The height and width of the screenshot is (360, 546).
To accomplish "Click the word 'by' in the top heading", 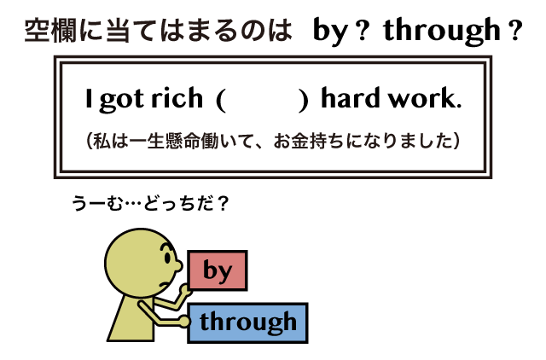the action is pyautogui.click(x=330, y=32).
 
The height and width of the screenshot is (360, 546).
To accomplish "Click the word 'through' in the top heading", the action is pyautogui.click(x=442, y=32).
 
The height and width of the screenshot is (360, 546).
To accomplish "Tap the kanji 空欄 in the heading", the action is pyautogui.click(x=50, y=31).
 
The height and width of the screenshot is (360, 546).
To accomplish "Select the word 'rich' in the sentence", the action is pyautogui.click(x=177, y=98).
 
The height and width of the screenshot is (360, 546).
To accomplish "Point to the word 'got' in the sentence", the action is pyautogui.click(x=121, y=101).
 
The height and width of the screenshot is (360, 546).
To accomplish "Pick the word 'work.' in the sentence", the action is pyautogui.click(x=425, y=98).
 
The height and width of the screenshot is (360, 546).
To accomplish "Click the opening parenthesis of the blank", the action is pyautogui.click(x=221, y=101).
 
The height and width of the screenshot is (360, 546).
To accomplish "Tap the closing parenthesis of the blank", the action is pyautogui.click(x=304, y=101).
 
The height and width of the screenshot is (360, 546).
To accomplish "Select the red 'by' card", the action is pyautogui.click(x=218, y=270).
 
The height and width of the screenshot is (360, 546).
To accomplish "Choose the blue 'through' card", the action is pyautogui.click(x=247, y=323).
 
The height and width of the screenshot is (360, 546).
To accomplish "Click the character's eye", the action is pyautogui.click(x=167, y=258).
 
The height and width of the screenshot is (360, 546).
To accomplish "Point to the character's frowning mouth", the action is pyautogui.click(x=165, y=284).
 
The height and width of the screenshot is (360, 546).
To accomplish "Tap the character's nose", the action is pyautogui.click(x=178, y=265).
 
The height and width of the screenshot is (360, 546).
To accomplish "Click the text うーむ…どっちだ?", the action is pyautogui.click(x=150, y=203).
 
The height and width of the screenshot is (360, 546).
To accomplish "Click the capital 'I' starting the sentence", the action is pyautogui.click(x=89, y=98).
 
